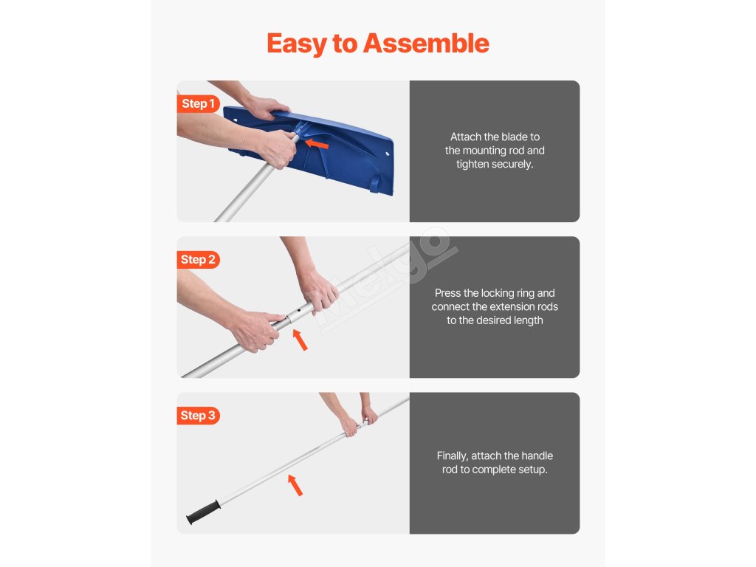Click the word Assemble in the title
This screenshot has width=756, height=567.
pyautogui.click(x=426, y=44)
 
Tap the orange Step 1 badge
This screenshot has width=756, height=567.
pyautogui.click(x=198, y=103)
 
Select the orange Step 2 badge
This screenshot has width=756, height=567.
pyautogui.click(x=198, y=259)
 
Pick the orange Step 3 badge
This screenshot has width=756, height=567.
pyautogui.click(x=198, y=415)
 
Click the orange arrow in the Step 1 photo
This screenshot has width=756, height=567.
pyautogui.click(x=317, y=144)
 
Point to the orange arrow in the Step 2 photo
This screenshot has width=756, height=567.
pyautogui.click(x=300, y=340)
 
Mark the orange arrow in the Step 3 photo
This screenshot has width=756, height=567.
pyautogui.click(x=295, y=484)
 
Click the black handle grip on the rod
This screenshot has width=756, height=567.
pyautogui.click(x=204, y=512)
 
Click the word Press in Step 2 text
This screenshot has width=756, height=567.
pyautogui.click(x=447, y=293)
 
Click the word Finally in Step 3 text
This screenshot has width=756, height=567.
pyautogui.click(x=453, y=456)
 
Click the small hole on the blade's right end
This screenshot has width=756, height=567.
pyautogui.click(x=388, y=154)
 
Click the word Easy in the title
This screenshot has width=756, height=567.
pyautogui.click(x=297, y=44)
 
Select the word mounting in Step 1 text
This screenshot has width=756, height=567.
pyautogui.click(x=484, y=151)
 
